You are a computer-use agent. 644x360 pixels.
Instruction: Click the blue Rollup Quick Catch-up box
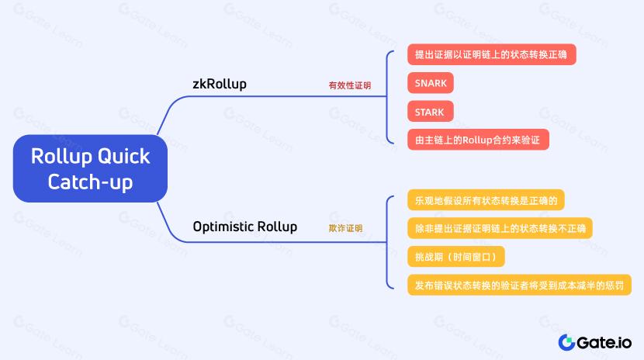tap(90, 168)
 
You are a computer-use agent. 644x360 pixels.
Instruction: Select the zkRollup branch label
tap(220, 84)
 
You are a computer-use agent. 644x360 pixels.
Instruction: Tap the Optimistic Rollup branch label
tap(244, 227)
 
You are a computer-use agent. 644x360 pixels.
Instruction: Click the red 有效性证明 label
tap(349, 85)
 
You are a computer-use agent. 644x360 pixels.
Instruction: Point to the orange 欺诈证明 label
tap(345, 228)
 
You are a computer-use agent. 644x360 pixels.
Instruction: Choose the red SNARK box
tap(431, 83)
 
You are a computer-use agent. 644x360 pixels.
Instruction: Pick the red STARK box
tap(431, 112)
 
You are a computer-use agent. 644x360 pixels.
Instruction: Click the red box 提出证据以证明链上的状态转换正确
tap(492, 54)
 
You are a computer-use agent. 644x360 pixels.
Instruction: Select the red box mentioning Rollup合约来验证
tap(478, 140)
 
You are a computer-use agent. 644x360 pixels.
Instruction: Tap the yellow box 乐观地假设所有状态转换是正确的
tap(486, 200)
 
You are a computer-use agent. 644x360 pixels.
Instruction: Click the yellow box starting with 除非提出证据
tap(500, 228)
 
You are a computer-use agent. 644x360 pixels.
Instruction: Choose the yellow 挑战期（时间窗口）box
tap(456, 257)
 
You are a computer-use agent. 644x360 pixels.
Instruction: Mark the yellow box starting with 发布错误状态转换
tap(519, 286)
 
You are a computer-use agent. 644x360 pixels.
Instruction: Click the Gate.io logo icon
tap(566, 342)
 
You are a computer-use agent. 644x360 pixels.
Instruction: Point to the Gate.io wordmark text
tap(604, 343)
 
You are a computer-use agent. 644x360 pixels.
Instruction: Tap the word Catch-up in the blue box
tap(90, 182)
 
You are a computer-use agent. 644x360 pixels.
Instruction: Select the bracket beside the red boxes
tap(387, 97)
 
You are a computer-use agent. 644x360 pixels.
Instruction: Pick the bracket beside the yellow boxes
tap(387, 242)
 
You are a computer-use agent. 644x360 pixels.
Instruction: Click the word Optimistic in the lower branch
tap(222, 227)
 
